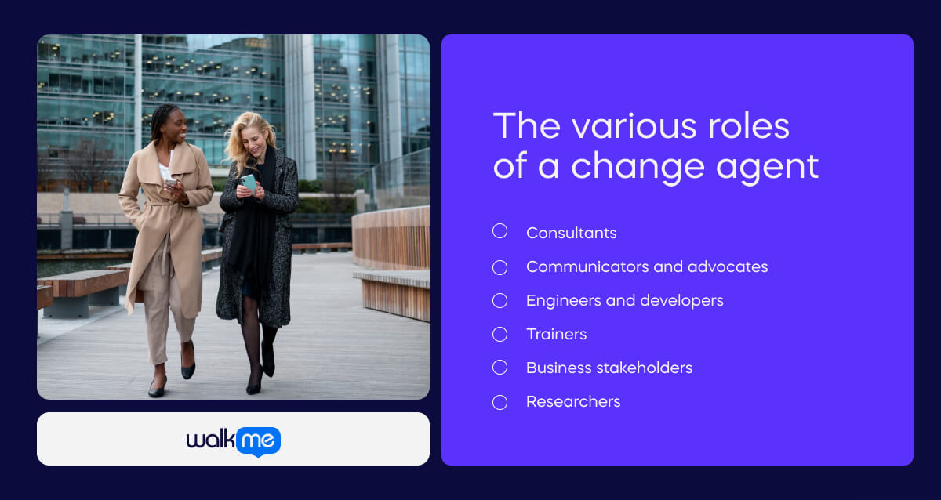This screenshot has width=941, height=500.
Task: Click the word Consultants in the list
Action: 571,233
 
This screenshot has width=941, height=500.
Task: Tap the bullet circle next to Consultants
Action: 500,231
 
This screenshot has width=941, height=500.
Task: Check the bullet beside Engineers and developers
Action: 500,301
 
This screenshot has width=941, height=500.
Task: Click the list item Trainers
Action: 556,334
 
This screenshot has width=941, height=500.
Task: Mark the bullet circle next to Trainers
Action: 500,335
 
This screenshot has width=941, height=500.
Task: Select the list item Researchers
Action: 573,401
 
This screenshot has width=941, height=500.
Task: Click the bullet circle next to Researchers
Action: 500,402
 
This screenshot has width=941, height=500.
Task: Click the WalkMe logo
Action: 233,440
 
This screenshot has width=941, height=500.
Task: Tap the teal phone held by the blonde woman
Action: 249,183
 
